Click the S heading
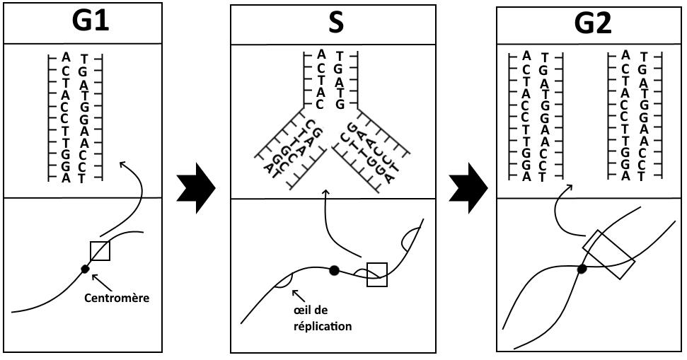[336, 23]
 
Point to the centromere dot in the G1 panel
[86, 269]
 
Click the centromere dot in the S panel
[335, 269]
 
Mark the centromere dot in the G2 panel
[582, 269]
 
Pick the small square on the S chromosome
[377, 274]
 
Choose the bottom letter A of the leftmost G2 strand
[526, 177]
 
